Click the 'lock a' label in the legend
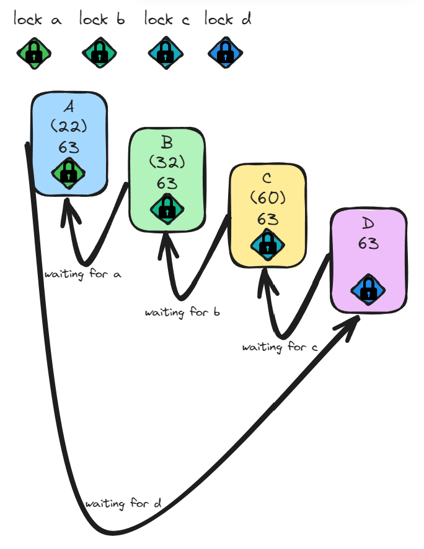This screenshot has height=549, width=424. tap(37, 20)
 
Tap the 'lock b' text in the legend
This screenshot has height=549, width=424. tap(102, 20)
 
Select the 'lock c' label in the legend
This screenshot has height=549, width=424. tap(167, 20)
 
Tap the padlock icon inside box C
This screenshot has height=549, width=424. tap(266, 243)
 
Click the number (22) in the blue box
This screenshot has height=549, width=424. tap(69, 126)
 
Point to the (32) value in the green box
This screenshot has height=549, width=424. tap(167, 162)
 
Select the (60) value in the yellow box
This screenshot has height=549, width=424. tap(267, 198)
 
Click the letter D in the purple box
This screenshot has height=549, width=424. tap(368, 223)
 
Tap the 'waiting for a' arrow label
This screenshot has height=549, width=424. tap(82, 273)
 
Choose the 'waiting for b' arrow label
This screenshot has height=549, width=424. tap(182, 312)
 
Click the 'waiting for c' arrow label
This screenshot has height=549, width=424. tap(280, 347)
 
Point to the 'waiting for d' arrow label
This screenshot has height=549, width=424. tap(123, 504)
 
